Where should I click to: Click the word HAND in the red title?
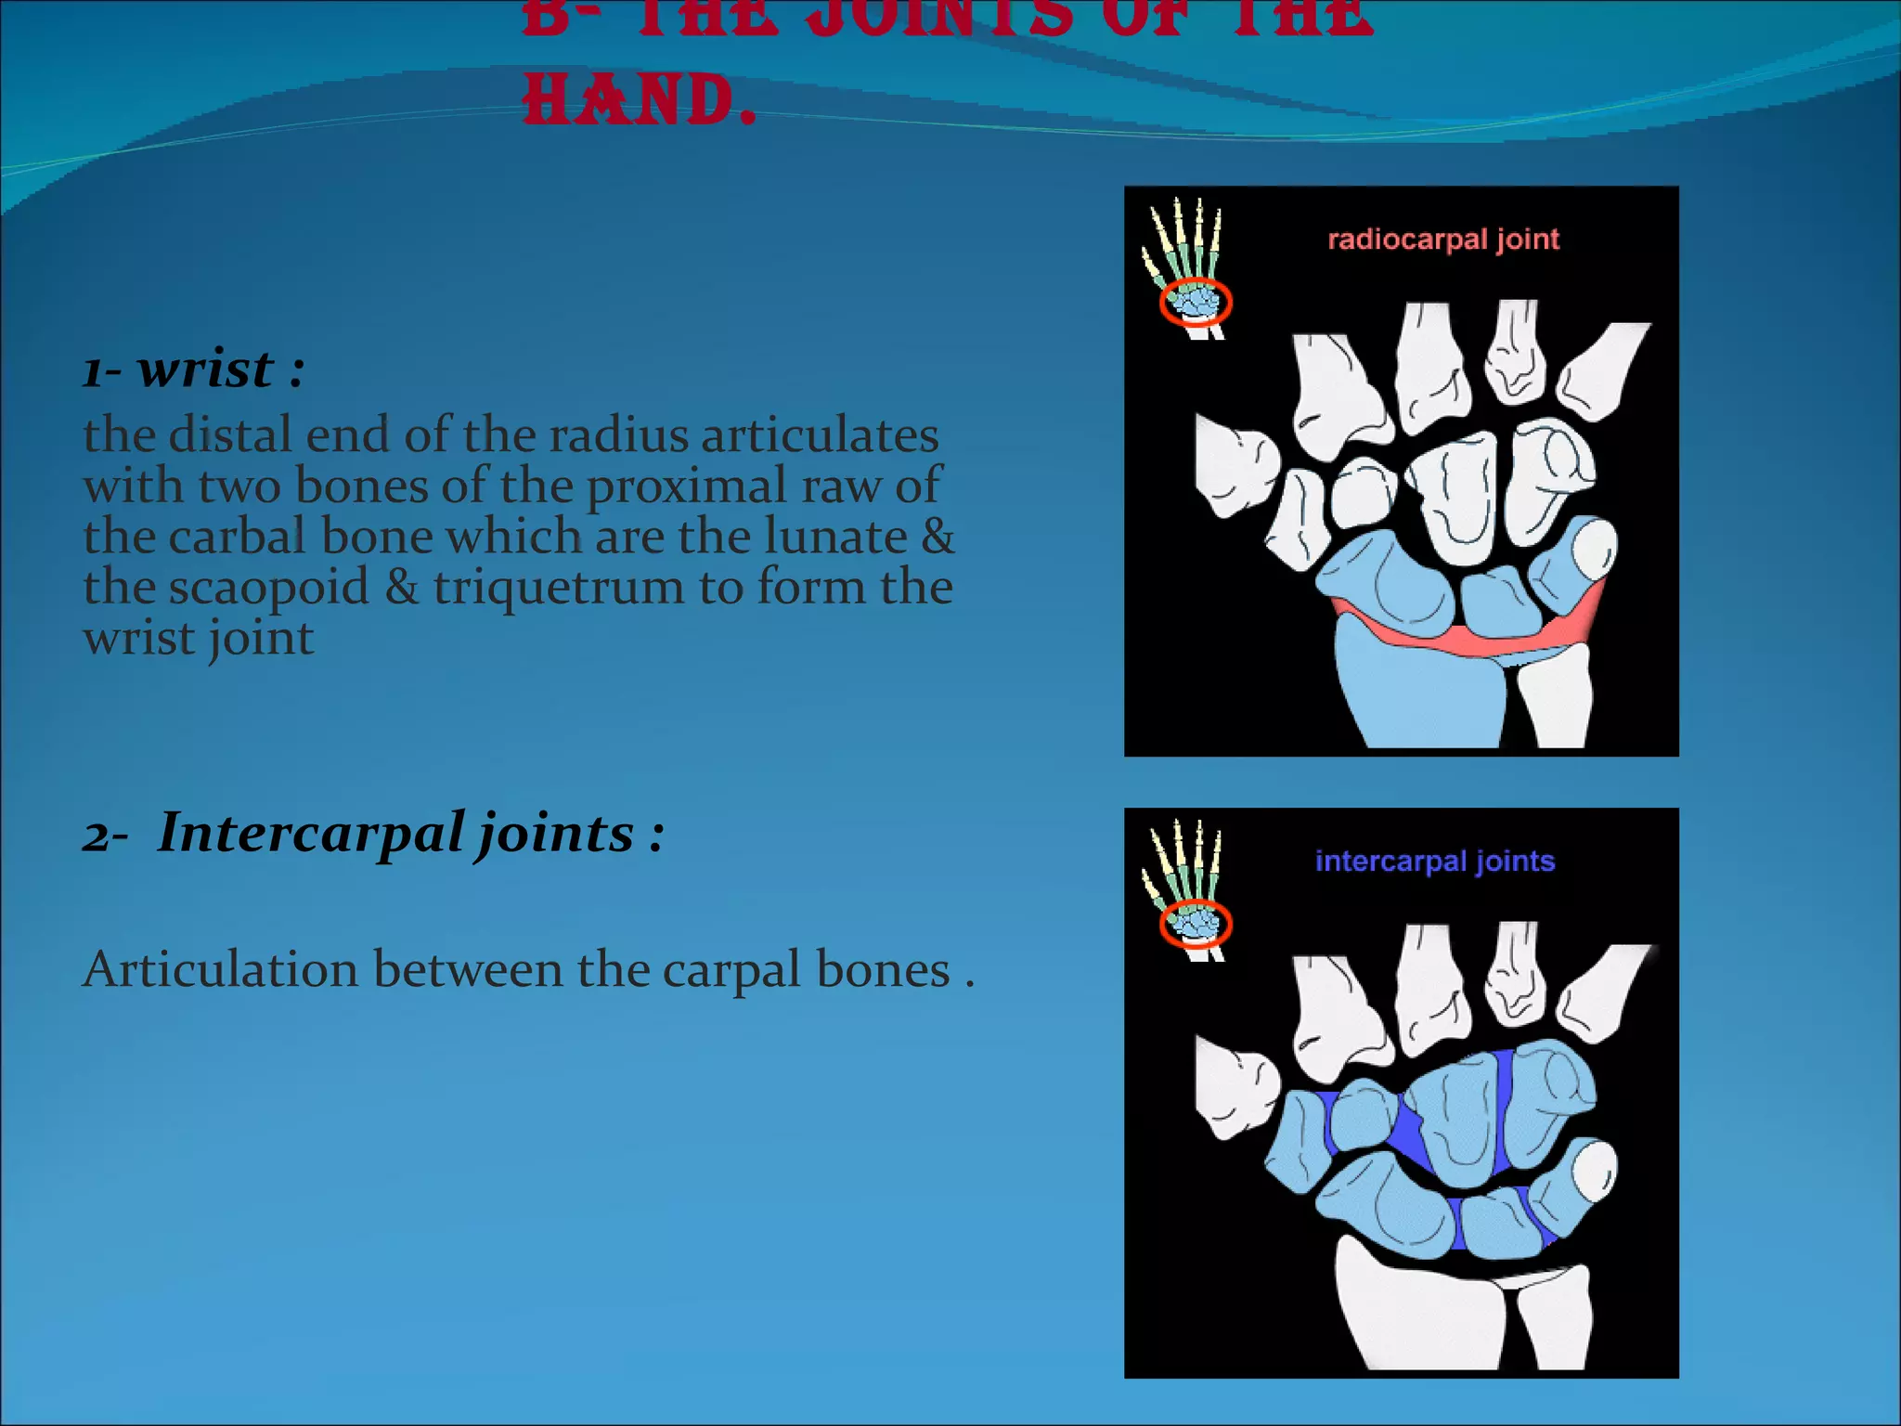tap(627, 100)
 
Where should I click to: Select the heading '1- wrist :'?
tap(193, 369)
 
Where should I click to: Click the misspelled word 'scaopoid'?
tap(269, 587)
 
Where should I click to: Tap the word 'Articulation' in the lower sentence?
tap(220, 970)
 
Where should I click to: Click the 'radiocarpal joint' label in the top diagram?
tap(1443, 240)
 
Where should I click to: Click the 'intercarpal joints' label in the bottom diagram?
tap(1434, 862)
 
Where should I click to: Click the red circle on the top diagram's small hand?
tap(1196, 303)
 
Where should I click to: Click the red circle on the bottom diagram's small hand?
tap(1196, 925)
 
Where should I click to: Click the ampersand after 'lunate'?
tap(938, 537)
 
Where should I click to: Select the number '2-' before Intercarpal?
tap(105, 836)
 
